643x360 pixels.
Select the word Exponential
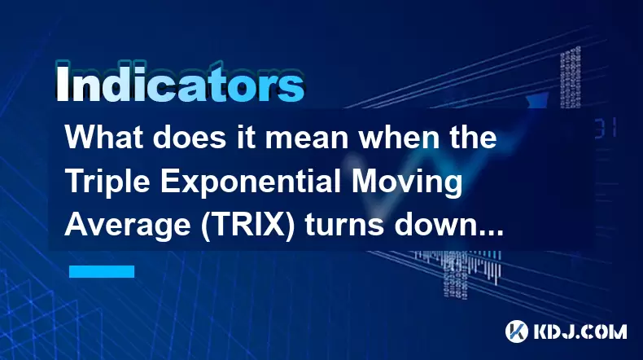[x=250, y=183]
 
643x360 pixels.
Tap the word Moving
[x=406, y=183]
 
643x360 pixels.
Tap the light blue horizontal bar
[x=102, y=271]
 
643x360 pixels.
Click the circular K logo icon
[x=517, y=331]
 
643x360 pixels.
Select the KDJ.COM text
[x=580, y=331]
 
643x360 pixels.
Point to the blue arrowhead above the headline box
[x=537, y=100]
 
